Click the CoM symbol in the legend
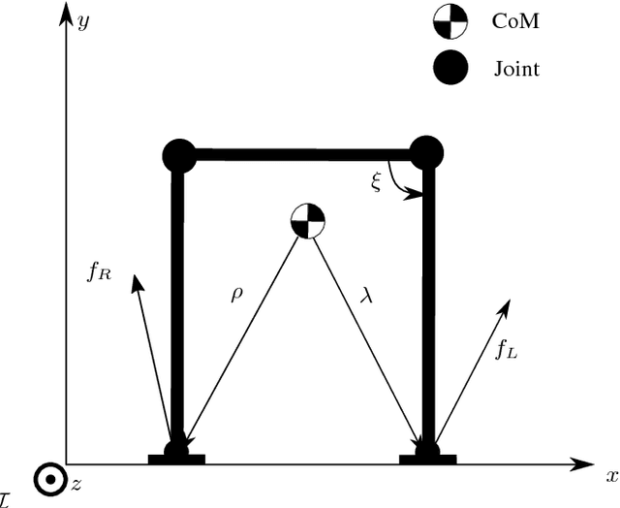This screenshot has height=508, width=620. click(451, 21)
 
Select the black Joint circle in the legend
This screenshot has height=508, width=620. click(451, 67)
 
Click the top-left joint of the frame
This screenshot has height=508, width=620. click(177, 153)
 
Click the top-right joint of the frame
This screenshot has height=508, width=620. click(426, 152)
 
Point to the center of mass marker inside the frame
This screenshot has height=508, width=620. click(308, 221)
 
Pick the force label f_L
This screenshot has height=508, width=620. click(506, 352)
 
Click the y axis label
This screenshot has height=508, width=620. click(83, 21)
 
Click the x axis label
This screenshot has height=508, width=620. click(611, 476)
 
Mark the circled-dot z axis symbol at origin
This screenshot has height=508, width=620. click(45, 480)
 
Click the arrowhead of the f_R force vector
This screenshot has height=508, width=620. click(137, 281)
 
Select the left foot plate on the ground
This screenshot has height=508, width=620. click(176, 458)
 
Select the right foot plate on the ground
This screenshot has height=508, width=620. click(427, 458)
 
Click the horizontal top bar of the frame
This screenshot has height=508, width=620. click(300, 153)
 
